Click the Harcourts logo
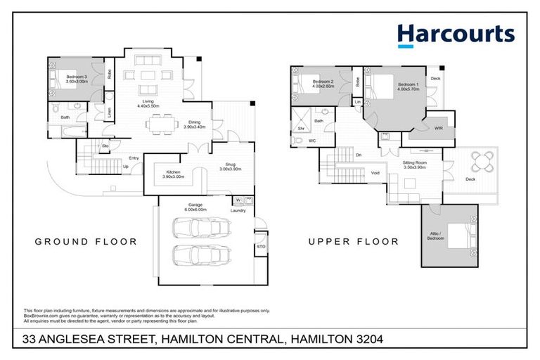tap(455, 34)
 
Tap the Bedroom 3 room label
tap(77, 79)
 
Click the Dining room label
tap(194, 124)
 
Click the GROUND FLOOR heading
tap(86, 242)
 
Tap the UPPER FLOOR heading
tap(354, 242)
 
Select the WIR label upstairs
tap(439, 129)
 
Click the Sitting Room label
tap(415, 165)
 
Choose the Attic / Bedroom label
tap(435, 236)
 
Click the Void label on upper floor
tap(375, 173)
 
